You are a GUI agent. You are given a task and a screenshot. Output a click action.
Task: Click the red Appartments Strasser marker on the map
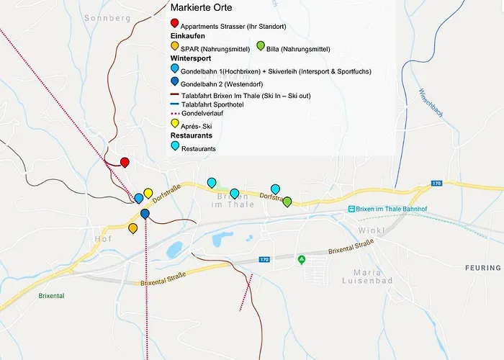[x=125, y=163]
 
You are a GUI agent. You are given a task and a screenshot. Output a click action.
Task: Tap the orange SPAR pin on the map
[x=133, y=228]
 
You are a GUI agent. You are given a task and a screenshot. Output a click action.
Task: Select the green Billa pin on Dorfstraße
[x=287, y=202]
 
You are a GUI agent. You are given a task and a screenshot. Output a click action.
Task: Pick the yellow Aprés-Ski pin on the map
[x=148, y=193]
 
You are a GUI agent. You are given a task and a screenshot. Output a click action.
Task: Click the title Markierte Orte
[x=201, y=8]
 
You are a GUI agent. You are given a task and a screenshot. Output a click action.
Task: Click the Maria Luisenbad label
[x=373, y=276]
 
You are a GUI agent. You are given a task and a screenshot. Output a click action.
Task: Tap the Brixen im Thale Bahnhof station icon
[x=351, y=209]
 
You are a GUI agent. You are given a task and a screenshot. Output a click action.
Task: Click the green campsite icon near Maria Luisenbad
[x=302, y=259]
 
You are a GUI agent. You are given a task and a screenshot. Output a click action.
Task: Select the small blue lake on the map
[x=174, y=250]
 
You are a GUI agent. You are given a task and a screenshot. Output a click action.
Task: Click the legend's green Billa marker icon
[x=261, y=46]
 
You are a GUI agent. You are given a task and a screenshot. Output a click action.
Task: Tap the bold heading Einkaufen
[x=188, y=35]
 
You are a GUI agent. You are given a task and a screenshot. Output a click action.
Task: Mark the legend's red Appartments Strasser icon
[x=175, y=24]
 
